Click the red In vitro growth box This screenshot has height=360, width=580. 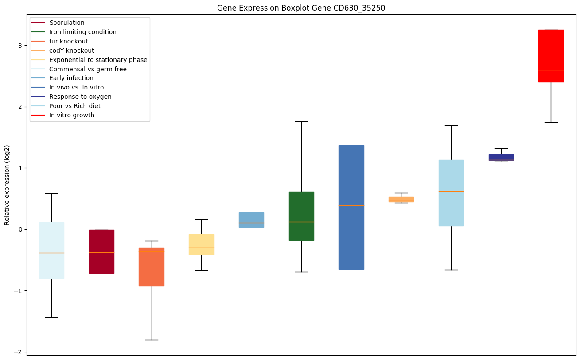[x=551, y=56]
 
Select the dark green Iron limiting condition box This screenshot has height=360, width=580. [x=301, y=216]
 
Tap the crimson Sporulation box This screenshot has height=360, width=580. [x=101, y=252]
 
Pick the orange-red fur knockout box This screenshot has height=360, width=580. [x=152, y=267]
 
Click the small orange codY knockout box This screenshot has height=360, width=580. [x=401, y=199]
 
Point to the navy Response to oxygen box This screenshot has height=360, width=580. [x=501, y=157]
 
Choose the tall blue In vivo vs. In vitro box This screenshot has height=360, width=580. [x=351, y=207]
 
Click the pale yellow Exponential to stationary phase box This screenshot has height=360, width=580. [x=202, y=244]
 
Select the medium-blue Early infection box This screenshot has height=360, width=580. [x=251, y=220]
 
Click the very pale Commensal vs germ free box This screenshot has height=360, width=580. [x=52, y=250]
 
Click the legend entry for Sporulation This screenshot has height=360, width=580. [x=67, y=23]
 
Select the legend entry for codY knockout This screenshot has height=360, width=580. [x=72, y=50]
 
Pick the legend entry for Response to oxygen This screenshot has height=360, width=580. [x=80, y=97]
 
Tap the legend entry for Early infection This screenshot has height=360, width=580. [x=71, y=78]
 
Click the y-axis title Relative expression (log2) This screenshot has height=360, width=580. [x=7, y=185]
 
